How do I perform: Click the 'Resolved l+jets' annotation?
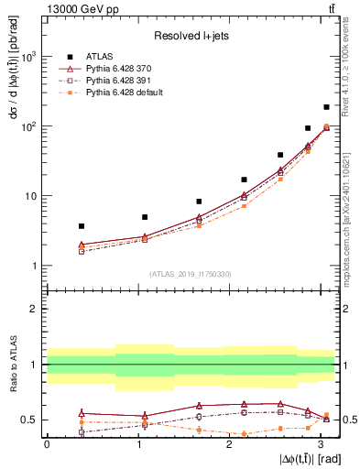[x=191, y=36]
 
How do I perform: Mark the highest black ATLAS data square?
[x=326, y=107]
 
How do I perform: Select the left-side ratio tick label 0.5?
[x=27, y=420]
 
